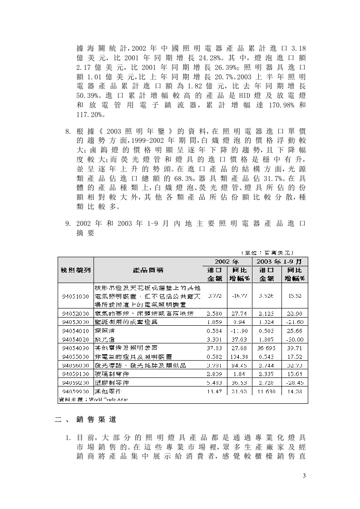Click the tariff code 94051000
[x=75, y=296]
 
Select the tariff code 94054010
[x=75, y=330]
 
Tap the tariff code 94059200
[x=75, y=383]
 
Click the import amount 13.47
[x=214, y=391]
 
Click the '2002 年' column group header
[x=226, y=262]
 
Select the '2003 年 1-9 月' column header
[x=281, y=262]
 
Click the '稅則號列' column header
[x=75, y=270]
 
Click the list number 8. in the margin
[x=68, y=132]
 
